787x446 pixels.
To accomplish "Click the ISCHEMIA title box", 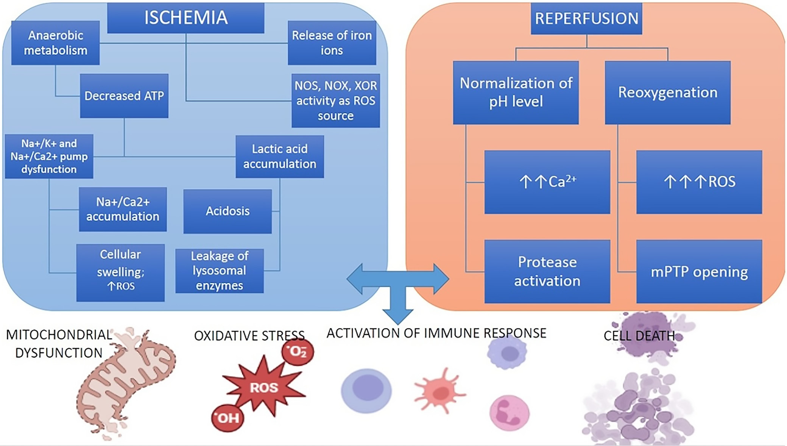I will (185, 18).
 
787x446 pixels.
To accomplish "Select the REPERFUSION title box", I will (586, 19).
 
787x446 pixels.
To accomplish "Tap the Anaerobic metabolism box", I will (55, 43).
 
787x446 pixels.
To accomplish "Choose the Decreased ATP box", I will (124, 96).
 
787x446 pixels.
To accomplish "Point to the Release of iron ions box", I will (332, 43).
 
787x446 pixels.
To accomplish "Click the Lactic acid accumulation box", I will (279, 156).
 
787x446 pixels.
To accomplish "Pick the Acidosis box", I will (228, 211).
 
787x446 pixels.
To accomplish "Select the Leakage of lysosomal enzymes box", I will (220, 271).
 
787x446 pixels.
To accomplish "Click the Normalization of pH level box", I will (516, 92).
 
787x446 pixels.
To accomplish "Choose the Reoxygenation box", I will (667, 92).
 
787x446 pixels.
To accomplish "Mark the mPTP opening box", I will (699, 271).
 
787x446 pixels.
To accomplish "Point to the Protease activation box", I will (547, 271).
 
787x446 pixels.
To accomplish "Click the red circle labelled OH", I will (228, 418).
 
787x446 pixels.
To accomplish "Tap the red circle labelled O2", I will (298, 352).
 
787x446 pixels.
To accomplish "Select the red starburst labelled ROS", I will (264, 388).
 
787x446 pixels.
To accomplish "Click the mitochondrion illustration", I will (125, 383).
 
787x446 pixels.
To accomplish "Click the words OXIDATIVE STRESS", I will (249, 336).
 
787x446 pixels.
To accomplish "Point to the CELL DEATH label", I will (639, 336).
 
